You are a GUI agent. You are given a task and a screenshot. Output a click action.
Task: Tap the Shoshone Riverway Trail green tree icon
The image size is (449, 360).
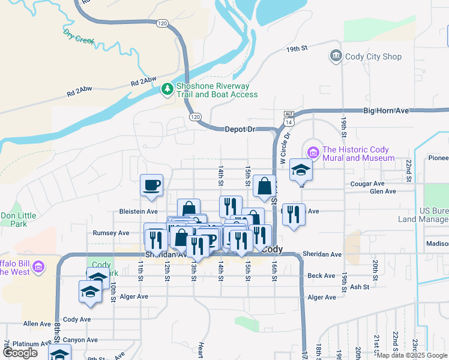click(167, 90)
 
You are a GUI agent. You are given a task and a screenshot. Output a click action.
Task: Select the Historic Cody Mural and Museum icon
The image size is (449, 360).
click(312, 151)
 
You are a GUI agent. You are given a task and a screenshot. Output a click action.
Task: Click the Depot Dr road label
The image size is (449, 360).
click(240, 129)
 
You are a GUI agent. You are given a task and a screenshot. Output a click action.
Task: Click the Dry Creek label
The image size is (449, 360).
click(79, 38)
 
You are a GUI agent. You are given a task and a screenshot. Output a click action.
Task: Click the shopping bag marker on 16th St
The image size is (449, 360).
click(264, 187)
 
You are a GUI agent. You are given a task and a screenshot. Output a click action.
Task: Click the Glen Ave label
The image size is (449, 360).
click(383, 191)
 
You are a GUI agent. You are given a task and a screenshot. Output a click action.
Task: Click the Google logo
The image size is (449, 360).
click(20, 353)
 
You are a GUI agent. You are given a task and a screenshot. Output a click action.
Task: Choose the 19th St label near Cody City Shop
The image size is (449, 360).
click(297, 48)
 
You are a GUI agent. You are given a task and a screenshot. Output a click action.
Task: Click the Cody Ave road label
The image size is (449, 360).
click(76, 319)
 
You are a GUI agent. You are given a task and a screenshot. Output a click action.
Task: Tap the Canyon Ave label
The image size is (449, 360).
click(83, 340)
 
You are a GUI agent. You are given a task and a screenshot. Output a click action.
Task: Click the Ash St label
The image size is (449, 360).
click(359, 287)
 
